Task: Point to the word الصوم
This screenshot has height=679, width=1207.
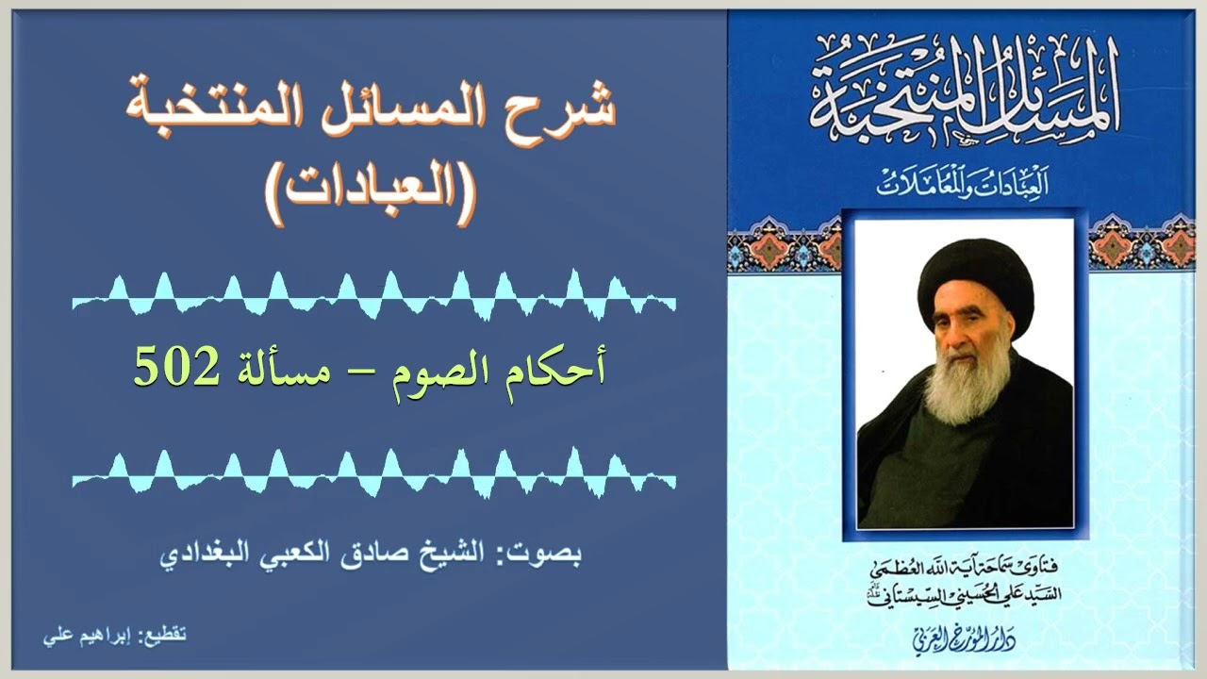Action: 433,369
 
